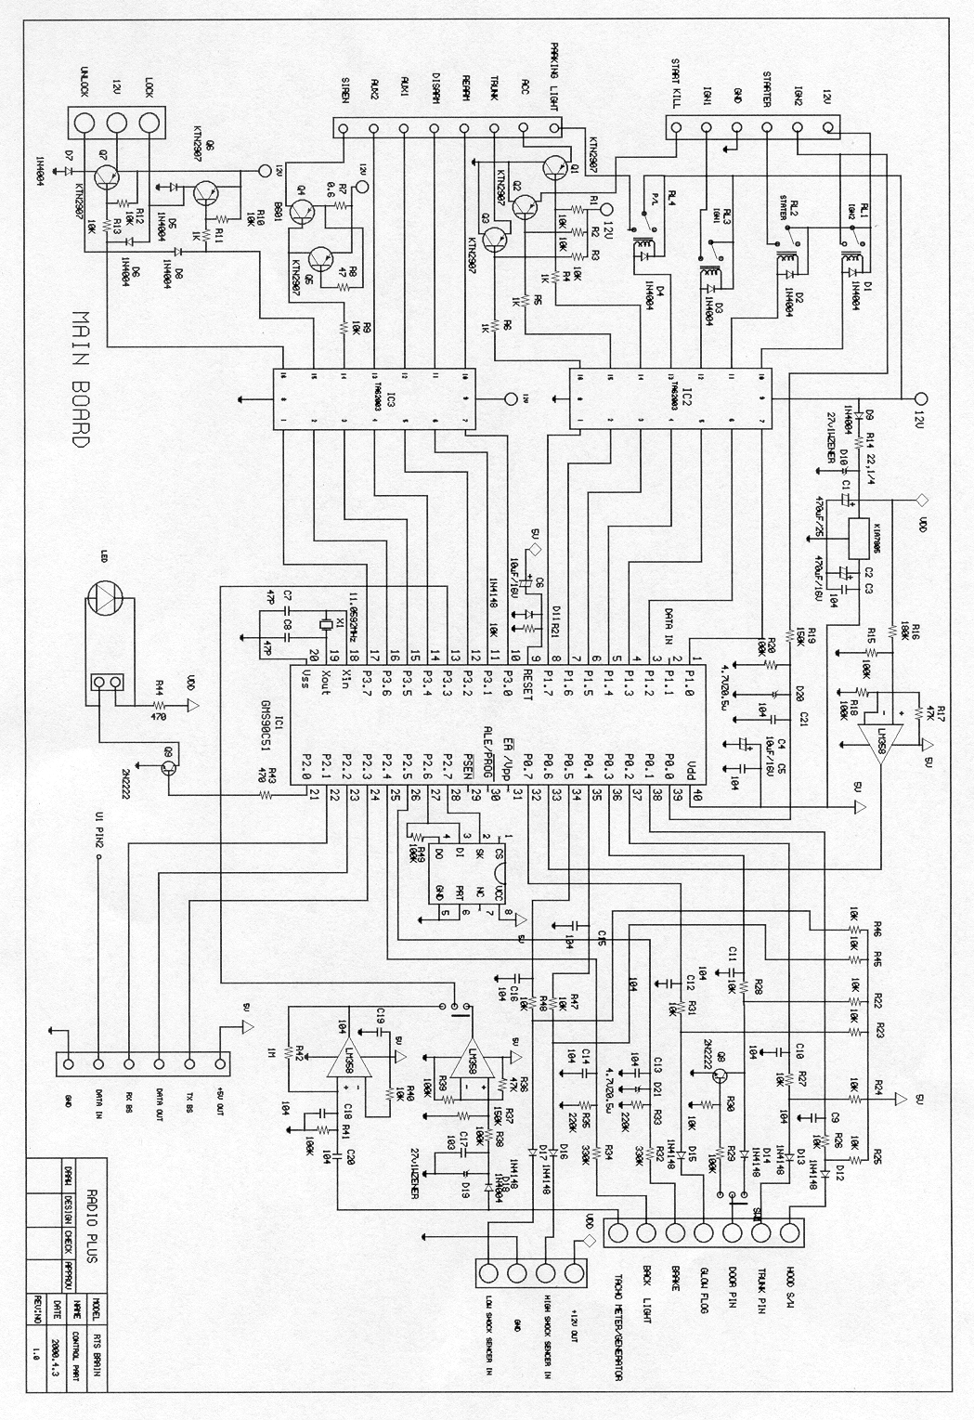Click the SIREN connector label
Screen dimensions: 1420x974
(x=345, y=91)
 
